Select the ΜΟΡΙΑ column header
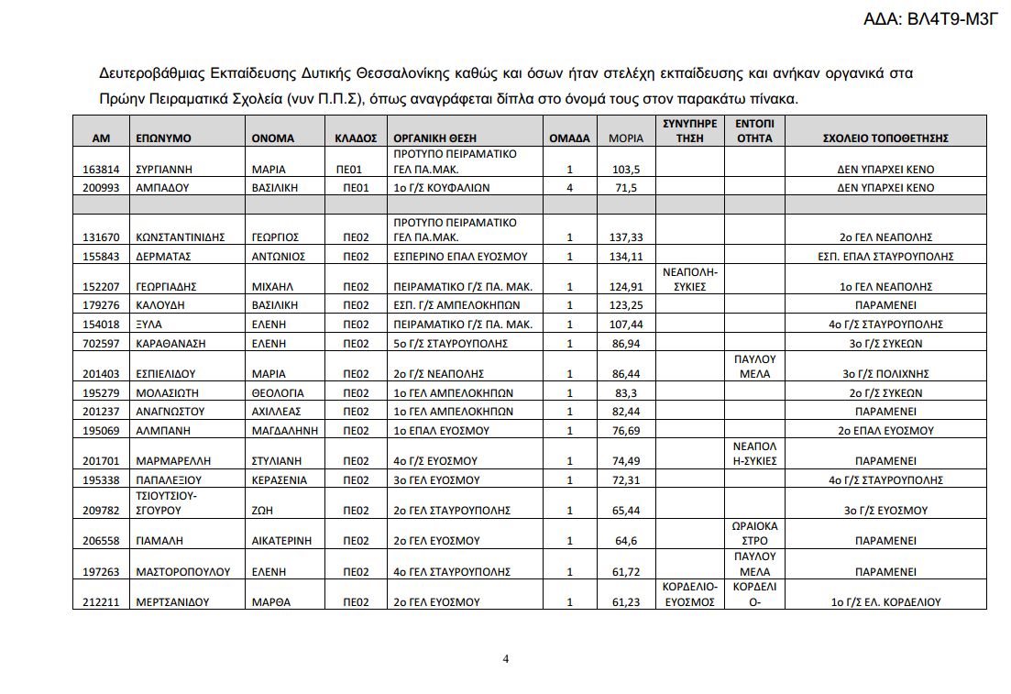[x=626, y=138]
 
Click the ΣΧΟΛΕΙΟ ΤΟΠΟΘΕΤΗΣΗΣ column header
[x=885, y=138]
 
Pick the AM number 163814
[x=101, y=170]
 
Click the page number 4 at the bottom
[x=505, y=658]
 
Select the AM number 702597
[x=101, y=343]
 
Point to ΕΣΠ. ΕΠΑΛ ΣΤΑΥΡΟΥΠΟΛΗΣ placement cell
[x=885, y=256]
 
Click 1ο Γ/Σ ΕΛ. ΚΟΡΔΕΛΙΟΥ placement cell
[x=885, y=602]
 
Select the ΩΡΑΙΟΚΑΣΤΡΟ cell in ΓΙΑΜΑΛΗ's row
[x=754, y=534]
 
